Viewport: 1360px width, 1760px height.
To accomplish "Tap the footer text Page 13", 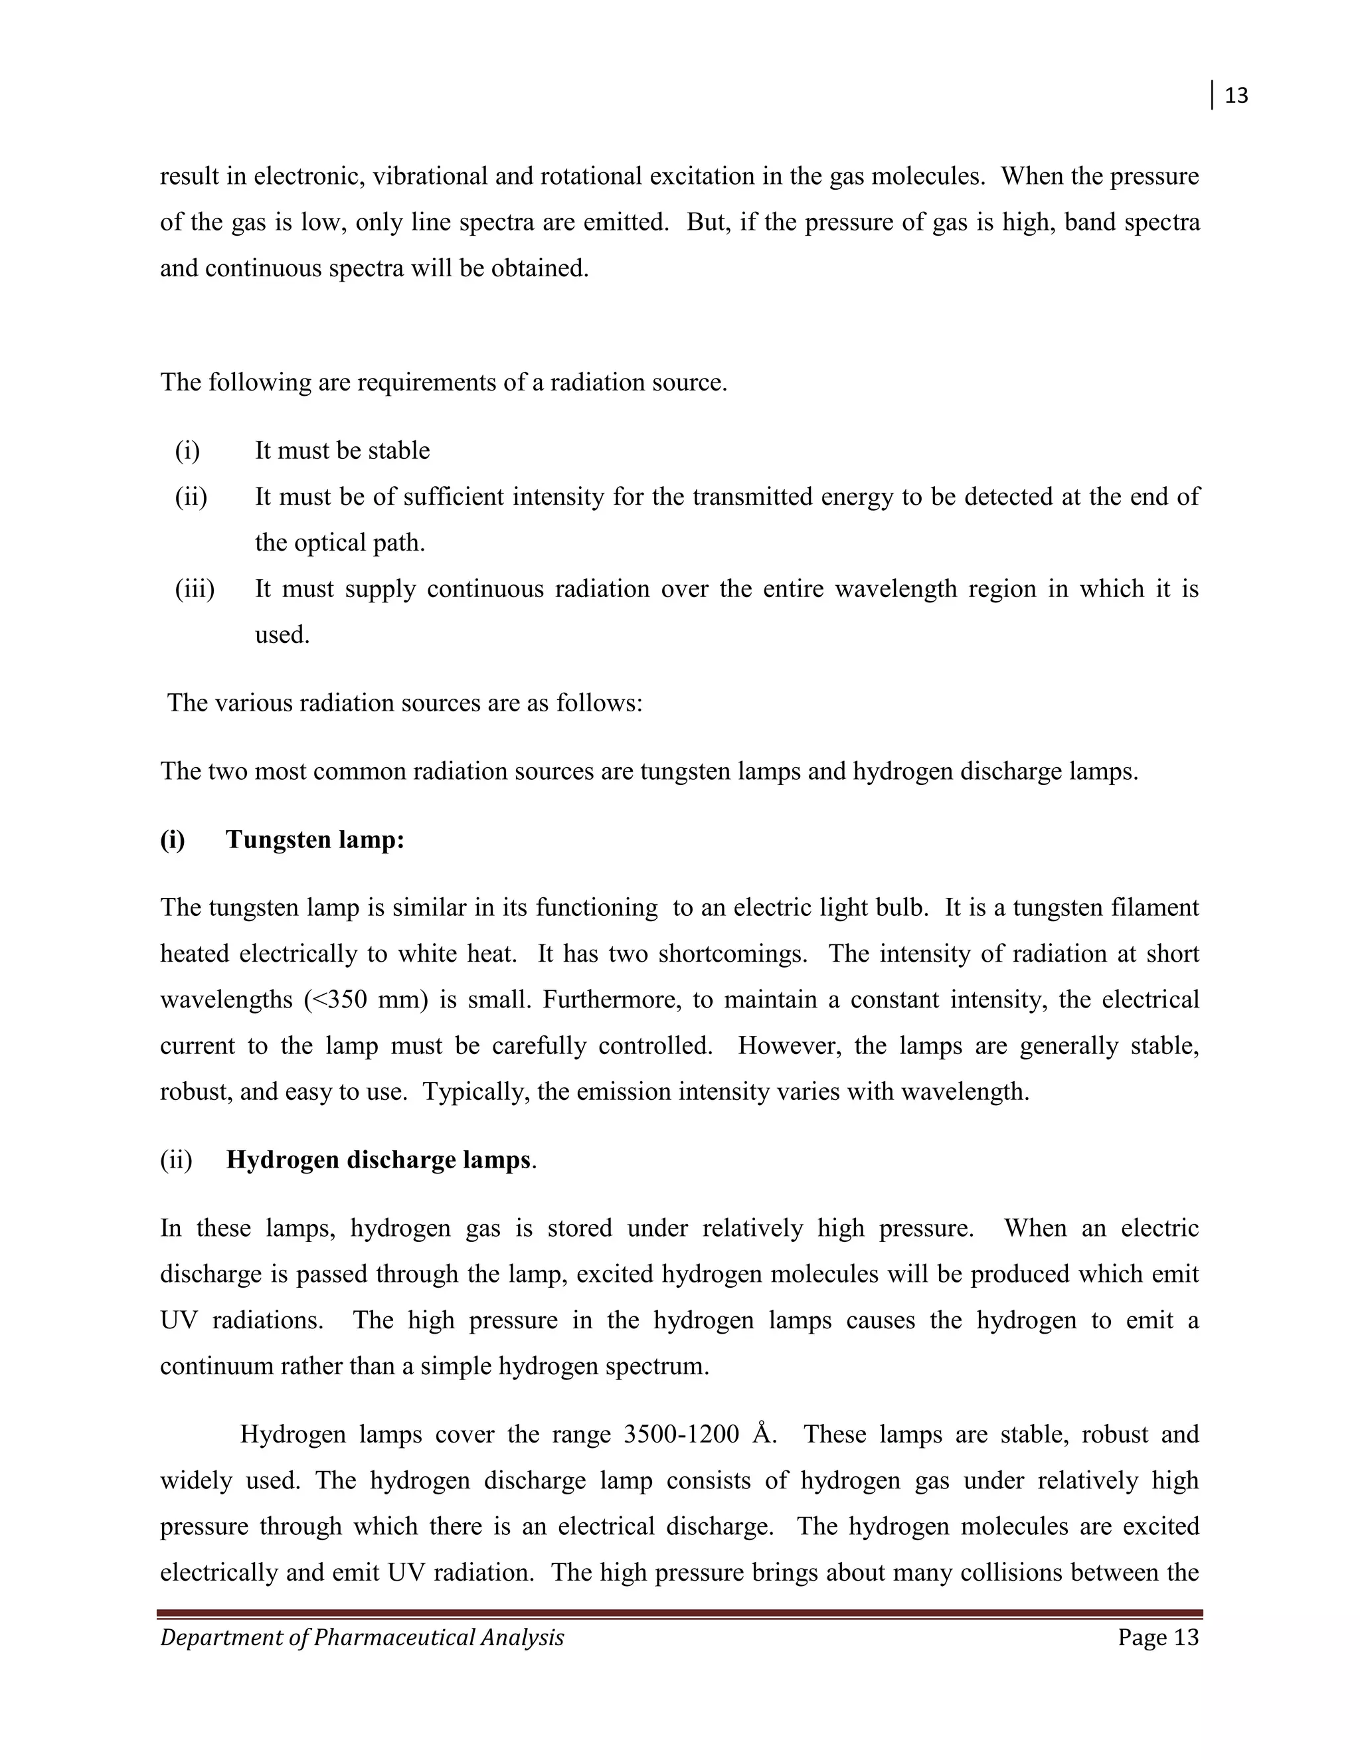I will (x=1157, y=1638).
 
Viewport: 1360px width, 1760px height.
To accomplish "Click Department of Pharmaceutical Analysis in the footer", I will (x=362, y=1638).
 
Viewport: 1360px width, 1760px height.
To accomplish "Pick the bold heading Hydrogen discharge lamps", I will (x=378, y=1160).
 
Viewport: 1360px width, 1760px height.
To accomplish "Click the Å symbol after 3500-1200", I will (x=762, y=1435).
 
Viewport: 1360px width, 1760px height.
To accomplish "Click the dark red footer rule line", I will (x=680, y=1614).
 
